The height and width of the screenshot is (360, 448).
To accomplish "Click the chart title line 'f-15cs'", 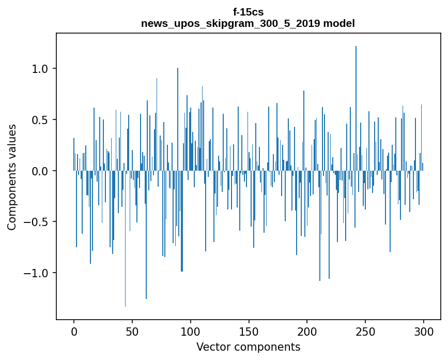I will [248, 12].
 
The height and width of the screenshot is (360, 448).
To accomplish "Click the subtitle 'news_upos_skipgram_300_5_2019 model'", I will [248, 23].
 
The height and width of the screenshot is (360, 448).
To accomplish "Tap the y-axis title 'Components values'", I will [12, 177].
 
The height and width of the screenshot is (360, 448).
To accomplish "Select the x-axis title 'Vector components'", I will [248, 347].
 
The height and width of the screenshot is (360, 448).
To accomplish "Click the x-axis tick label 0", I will [74, 331].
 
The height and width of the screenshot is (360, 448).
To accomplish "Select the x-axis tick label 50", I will [132, 331].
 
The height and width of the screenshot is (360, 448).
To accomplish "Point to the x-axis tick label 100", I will [191, 331].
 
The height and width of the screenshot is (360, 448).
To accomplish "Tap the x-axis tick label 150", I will [249, 331].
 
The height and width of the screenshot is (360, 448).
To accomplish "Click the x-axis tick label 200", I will [307, 331].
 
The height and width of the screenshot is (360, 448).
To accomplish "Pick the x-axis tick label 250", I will [365, 331].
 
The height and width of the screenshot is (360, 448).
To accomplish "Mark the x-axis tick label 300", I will [424, 331].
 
